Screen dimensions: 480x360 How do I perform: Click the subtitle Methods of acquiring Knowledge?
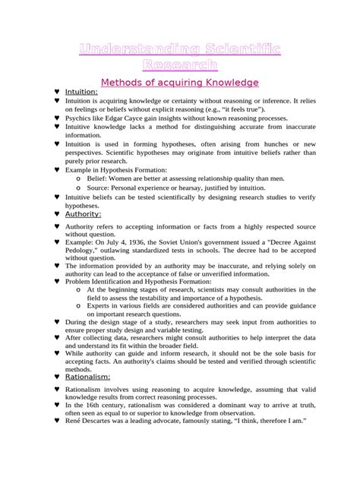point(180,81)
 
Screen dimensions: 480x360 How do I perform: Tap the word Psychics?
point(78,119)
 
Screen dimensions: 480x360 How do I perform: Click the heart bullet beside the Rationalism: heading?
point(58,376)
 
